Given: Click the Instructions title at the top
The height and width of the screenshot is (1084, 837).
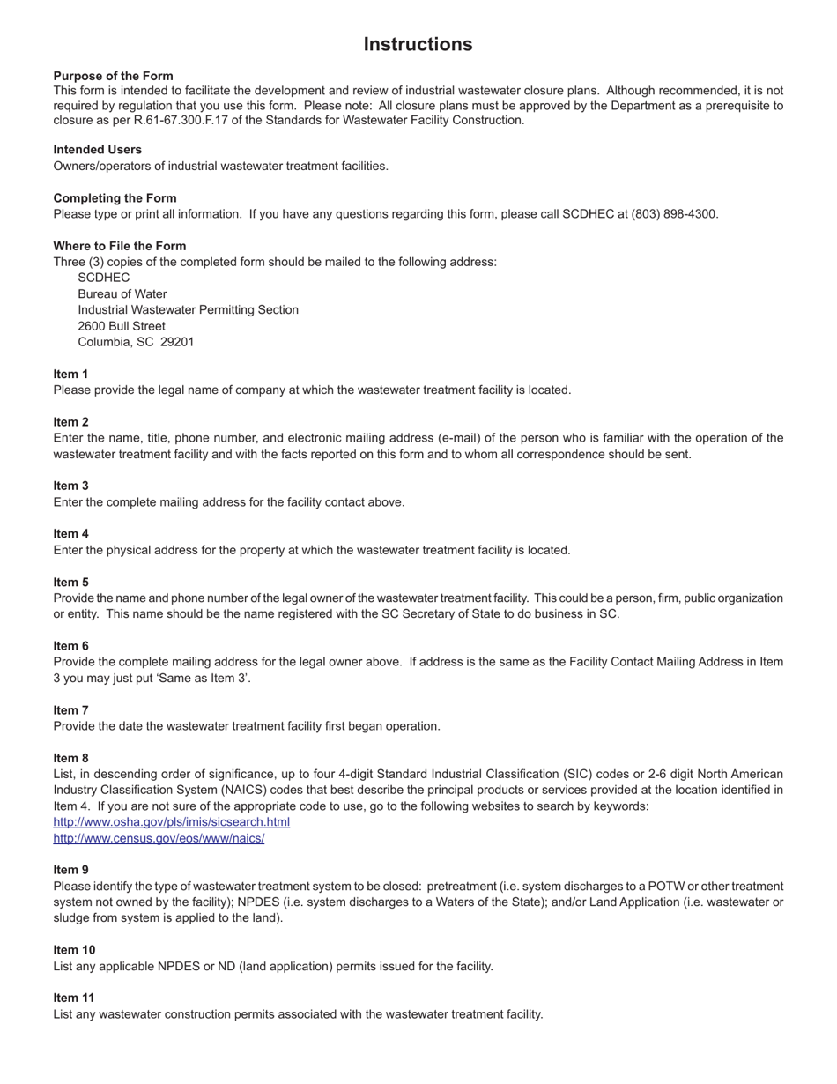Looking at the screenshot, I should [418, 44].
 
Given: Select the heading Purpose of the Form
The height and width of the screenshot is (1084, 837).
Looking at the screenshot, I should [113, 76].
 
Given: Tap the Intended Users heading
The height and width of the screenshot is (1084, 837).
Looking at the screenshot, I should [97, 150].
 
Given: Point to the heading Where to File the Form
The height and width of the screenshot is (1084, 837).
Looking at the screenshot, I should [119, 246].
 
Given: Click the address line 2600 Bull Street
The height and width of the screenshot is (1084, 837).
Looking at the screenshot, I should [122, 326].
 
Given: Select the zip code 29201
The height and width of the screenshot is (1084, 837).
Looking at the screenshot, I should [176, 342].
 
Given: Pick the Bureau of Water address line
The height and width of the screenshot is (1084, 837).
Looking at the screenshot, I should [122, 294].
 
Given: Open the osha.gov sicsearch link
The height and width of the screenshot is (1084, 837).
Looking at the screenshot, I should [171, 822].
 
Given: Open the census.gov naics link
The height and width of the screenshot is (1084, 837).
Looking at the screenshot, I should [159, 838].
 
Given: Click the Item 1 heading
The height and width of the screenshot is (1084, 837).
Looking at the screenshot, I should [70, 374].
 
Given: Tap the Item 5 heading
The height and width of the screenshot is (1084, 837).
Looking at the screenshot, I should [70, 582].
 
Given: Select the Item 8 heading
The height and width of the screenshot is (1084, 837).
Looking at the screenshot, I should [70, 758].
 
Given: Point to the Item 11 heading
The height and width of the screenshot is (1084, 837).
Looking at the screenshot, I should [74, 998].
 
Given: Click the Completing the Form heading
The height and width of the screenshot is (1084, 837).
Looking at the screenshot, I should [115, 198].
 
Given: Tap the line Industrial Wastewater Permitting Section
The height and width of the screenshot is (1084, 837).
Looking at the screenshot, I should [188, 310].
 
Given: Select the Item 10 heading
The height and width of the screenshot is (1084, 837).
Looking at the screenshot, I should [74, 950].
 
